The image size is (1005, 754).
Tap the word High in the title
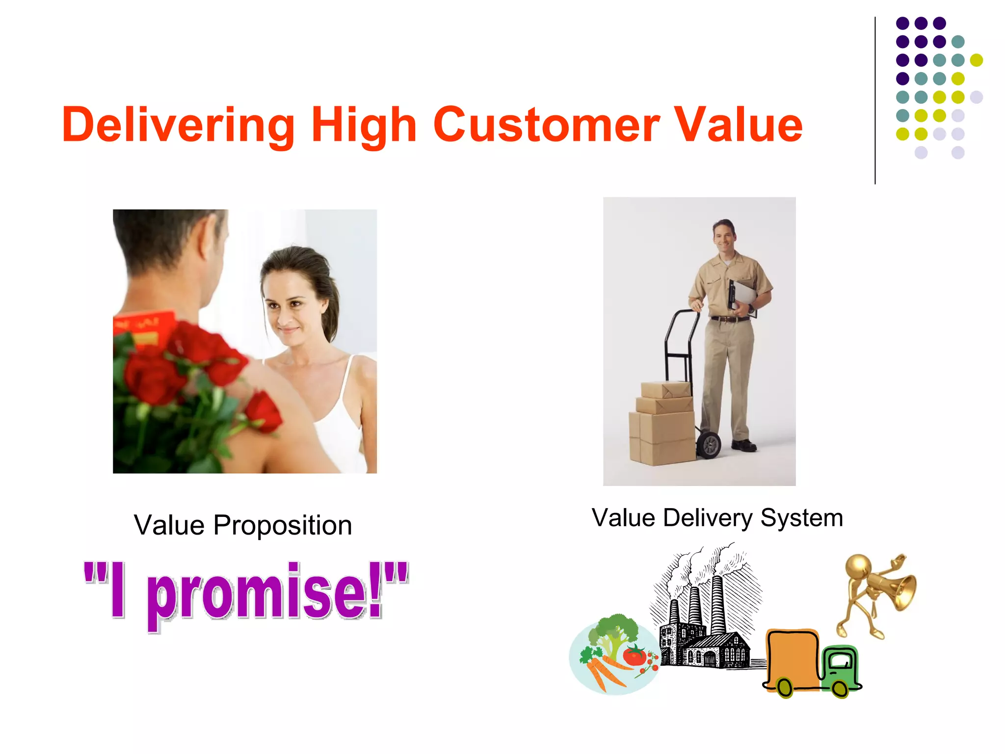364,125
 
